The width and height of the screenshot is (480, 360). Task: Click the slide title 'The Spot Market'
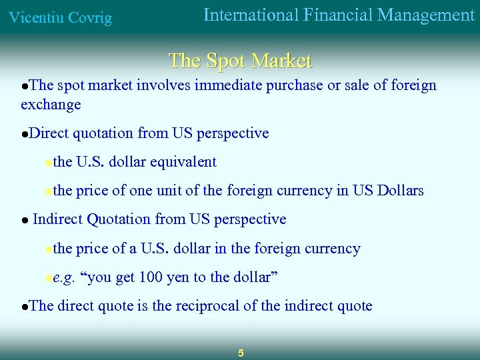(x=240, y=61)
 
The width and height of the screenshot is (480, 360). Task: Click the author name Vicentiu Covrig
(x=60, y=18)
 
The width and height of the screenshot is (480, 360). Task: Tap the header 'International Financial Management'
(x=339, y=15)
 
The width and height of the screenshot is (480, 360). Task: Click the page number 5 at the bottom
(x=241, y=353)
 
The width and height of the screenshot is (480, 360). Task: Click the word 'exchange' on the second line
(x=51, y=105)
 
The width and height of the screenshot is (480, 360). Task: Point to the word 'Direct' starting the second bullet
(x=49, y=133)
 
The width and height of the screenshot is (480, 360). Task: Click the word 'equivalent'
(x=183, y=162)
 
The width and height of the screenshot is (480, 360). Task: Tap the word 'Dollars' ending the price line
(x=400, y=191)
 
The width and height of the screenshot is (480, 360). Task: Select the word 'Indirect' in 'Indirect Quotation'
(x=58, y=219)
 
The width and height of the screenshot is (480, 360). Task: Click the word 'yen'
(x=179, y=277)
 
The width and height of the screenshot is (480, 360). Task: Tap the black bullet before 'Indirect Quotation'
(x=24, y=221)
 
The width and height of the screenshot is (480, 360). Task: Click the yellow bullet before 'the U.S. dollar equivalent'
(x=48, y=163)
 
